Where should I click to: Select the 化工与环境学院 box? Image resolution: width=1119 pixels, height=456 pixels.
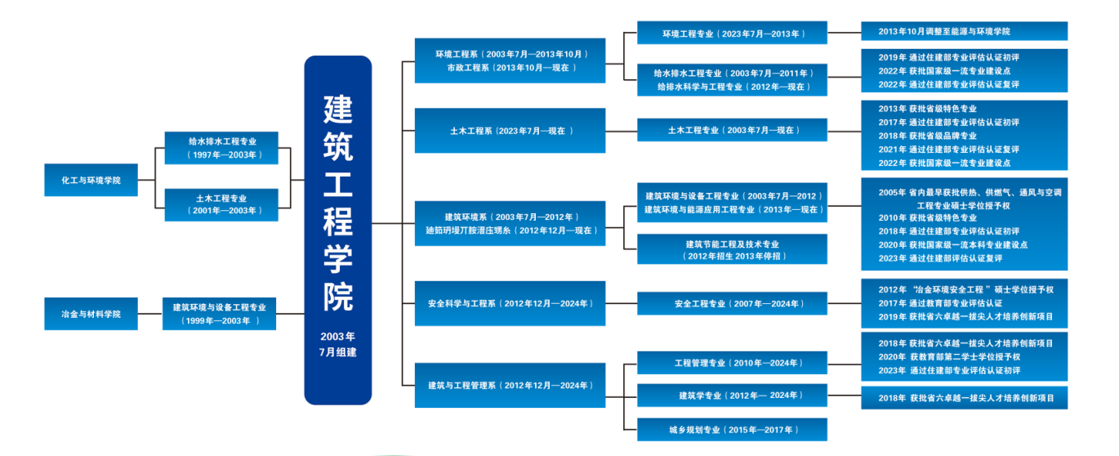click(x=91, y=180)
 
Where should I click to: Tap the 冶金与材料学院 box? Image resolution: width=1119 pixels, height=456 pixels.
click(x=91, y=314)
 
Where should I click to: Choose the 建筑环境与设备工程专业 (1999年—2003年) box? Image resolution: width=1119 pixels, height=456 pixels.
click(x=220, y=314)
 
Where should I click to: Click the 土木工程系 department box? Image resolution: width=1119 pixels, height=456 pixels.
click(x=510, y=131)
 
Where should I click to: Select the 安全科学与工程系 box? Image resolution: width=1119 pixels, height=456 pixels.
click(x=510, y=303)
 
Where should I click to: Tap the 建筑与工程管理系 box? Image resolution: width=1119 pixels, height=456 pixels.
click(x=510, y=385)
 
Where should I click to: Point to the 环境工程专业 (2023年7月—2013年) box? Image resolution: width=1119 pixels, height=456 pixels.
click(x=732, y=34)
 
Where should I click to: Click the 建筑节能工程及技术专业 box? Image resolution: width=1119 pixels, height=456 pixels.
click(x=732, y=249)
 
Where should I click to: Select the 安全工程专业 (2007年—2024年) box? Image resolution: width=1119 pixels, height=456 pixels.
click(x=732, y=304)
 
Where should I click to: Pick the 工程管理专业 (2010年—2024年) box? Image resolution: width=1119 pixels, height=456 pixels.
click(x=732, y=363)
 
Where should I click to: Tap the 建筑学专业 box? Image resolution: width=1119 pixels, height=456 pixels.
click(x=732, y=396)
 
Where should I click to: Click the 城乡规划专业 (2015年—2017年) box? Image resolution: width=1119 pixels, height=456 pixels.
click(x=732, y=429)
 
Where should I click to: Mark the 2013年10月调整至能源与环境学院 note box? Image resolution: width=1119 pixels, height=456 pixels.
click(x=964, y=31)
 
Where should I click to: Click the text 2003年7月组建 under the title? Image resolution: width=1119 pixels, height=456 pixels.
click(x=337, y=344)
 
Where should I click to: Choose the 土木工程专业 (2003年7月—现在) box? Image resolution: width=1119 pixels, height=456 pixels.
click(x=732, y=130)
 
